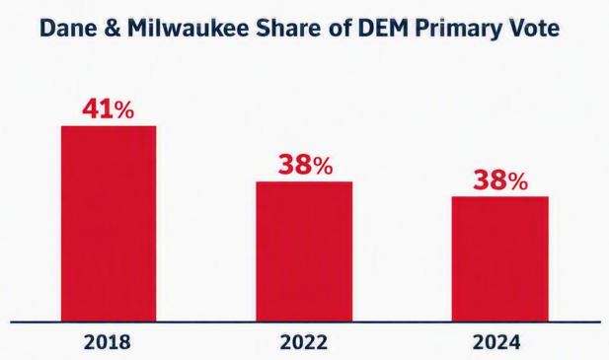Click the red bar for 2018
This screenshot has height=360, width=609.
pyautogui.click(x=109, y=224)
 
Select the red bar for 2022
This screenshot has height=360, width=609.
pyautogui.click(x=304, y=252)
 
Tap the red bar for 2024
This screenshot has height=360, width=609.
pyautogui.click(x=500, y=259)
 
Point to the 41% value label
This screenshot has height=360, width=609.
pyautogui.click(x=108, y=109)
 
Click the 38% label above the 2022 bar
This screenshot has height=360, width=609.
pyautogui.click(x=305, y=166)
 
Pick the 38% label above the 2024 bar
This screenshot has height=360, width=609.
pyautogui.click(x=500, y=180)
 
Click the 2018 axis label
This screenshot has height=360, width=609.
pyautogui.click(x=108, y=342)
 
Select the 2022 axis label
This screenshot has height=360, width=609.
pyautogui.click(x=304, y=342)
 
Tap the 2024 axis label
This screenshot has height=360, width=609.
pyautogui.click(x=495, y=342)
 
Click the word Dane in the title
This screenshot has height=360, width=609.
pyautogui.click(x=68, y=28)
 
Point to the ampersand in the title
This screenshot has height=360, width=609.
pyautogui.click(x=113, y=28)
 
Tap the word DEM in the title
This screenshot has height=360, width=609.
pyautogui.click(x=378, y=28)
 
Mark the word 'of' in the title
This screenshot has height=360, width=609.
pyautogui.click(x=340, y=28)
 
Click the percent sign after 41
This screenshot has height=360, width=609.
pyautogui.click(x=124, y=110)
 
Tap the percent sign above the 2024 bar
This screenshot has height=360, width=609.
pyautogui.click(x=518, y=182)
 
